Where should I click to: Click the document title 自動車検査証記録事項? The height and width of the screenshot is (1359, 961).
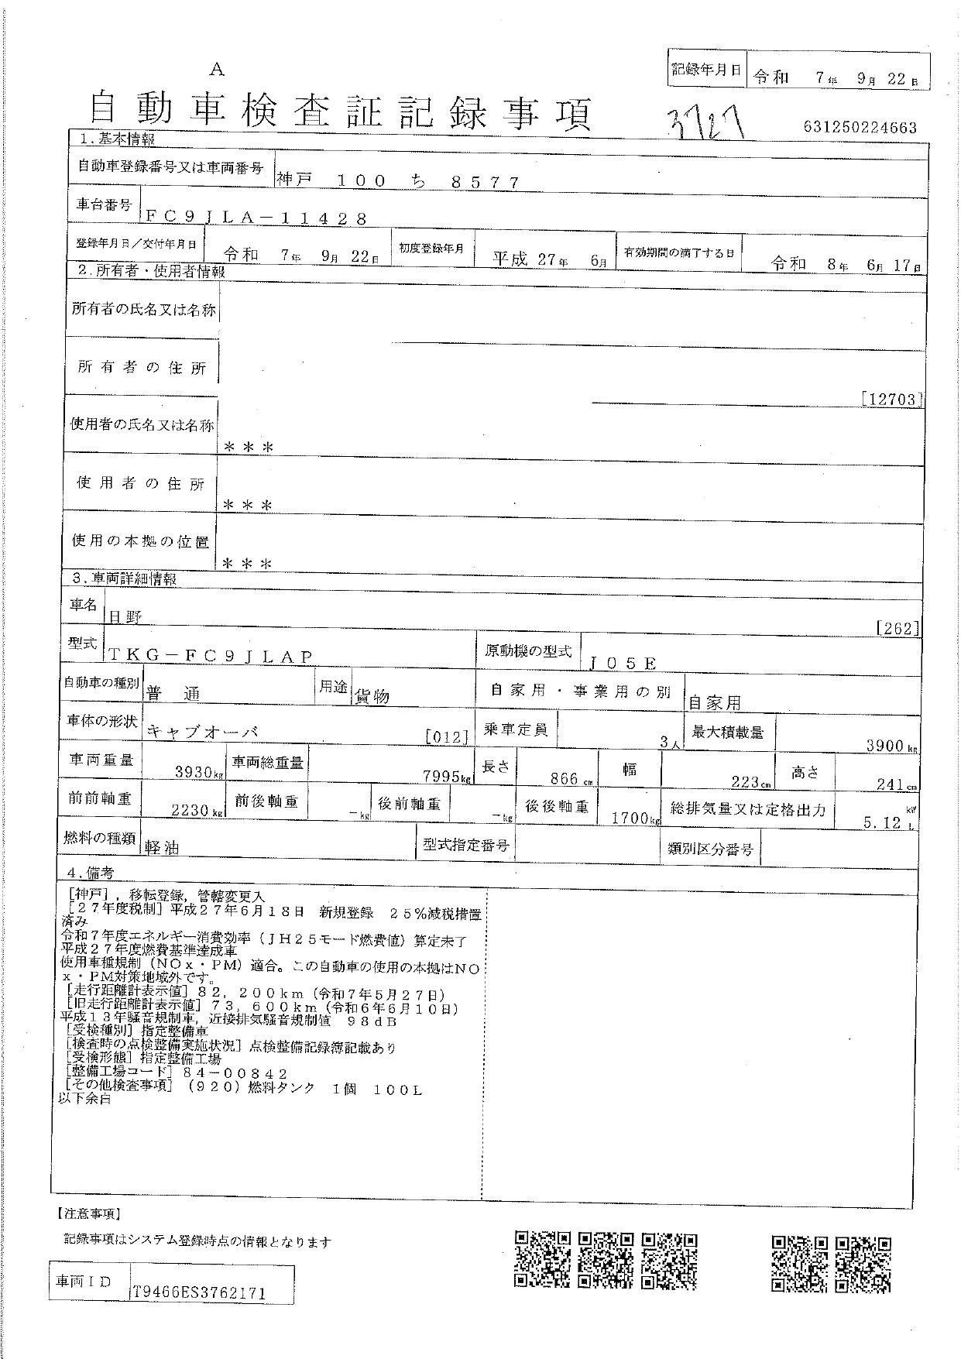pyautogui.click(x=341, y=112)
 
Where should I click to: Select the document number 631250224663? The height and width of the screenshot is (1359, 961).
pyautogui.click(x=855, y=128)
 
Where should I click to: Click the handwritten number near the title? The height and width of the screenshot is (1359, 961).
pyautogui.click(x=709, y=124)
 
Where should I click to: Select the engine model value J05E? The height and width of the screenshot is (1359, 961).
pyautogui.click(x=623, y=664)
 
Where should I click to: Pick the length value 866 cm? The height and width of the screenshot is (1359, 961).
pyautogui.click(x=565, y=780)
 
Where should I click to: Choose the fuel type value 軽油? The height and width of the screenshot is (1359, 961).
pyautogui.click(x=162, y=848)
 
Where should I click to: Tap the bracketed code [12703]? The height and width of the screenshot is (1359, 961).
pyautogui.click(x=892, y=400)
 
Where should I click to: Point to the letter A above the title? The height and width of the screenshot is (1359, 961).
pyautogui.click(x=217, y=70)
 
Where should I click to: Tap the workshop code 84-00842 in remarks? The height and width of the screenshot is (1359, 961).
pyautogui.click(x=235, y=1073)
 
